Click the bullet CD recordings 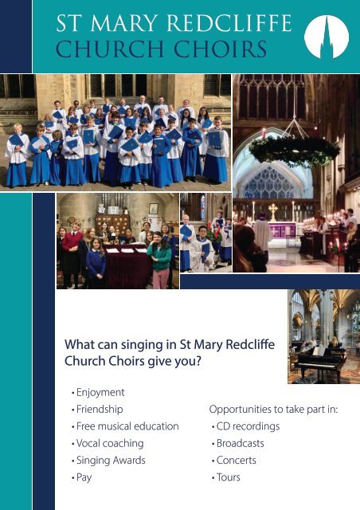pyautogui.click(x=248, y=426)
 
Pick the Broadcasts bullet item pyautogui.click(x=240, y=443)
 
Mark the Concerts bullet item pyautogui.click(x=237, y=461)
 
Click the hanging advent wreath pyautogui.click(x=295, y=151)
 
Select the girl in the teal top pyautogui.click(x=159, y=259)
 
